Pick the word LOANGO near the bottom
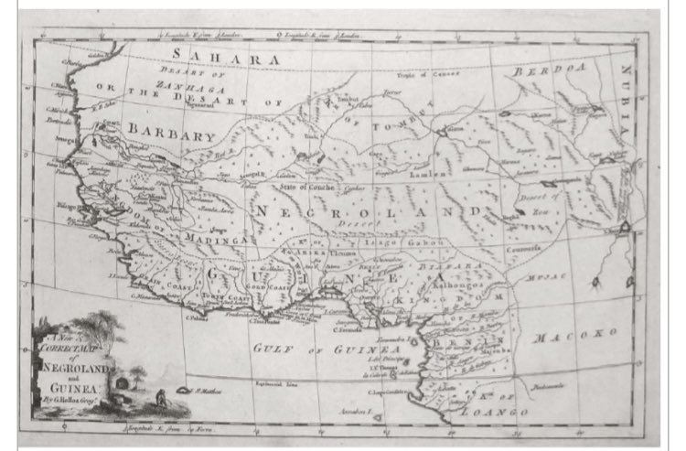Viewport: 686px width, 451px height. point(495,413)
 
